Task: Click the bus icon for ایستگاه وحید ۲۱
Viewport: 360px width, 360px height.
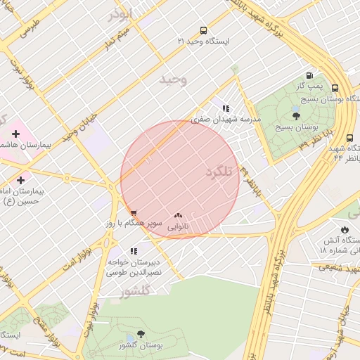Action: tap(203, 31)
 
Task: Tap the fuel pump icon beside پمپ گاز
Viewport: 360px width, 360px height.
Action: tap(309, 75)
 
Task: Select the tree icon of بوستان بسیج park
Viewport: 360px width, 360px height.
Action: tap(296, 117)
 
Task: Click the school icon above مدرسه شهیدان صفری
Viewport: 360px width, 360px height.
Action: tap(225, 108)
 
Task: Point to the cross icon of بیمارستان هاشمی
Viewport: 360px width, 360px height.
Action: tap(15, 134)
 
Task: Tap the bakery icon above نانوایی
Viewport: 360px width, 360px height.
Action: tap(177, 216)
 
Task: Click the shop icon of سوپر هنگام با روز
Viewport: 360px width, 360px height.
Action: tap(134, 212)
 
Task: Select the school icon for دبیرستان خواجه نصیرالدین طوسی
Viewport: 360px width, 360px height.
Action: tap(134, 251)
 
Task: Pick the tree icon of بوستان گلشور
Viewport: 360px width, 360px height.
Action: tap(141, 335)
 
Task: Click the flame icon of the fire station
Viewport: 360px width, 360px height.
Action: tap(345, 229)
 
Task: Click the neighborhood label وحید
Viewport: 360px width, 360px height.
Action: tap(174, 79)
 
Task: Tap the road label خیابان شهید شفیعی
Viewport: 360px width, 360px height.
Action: tap(337, 266)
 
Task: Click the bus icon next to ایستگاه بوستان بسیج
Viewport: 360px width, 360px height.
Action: tap(335, 89)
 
